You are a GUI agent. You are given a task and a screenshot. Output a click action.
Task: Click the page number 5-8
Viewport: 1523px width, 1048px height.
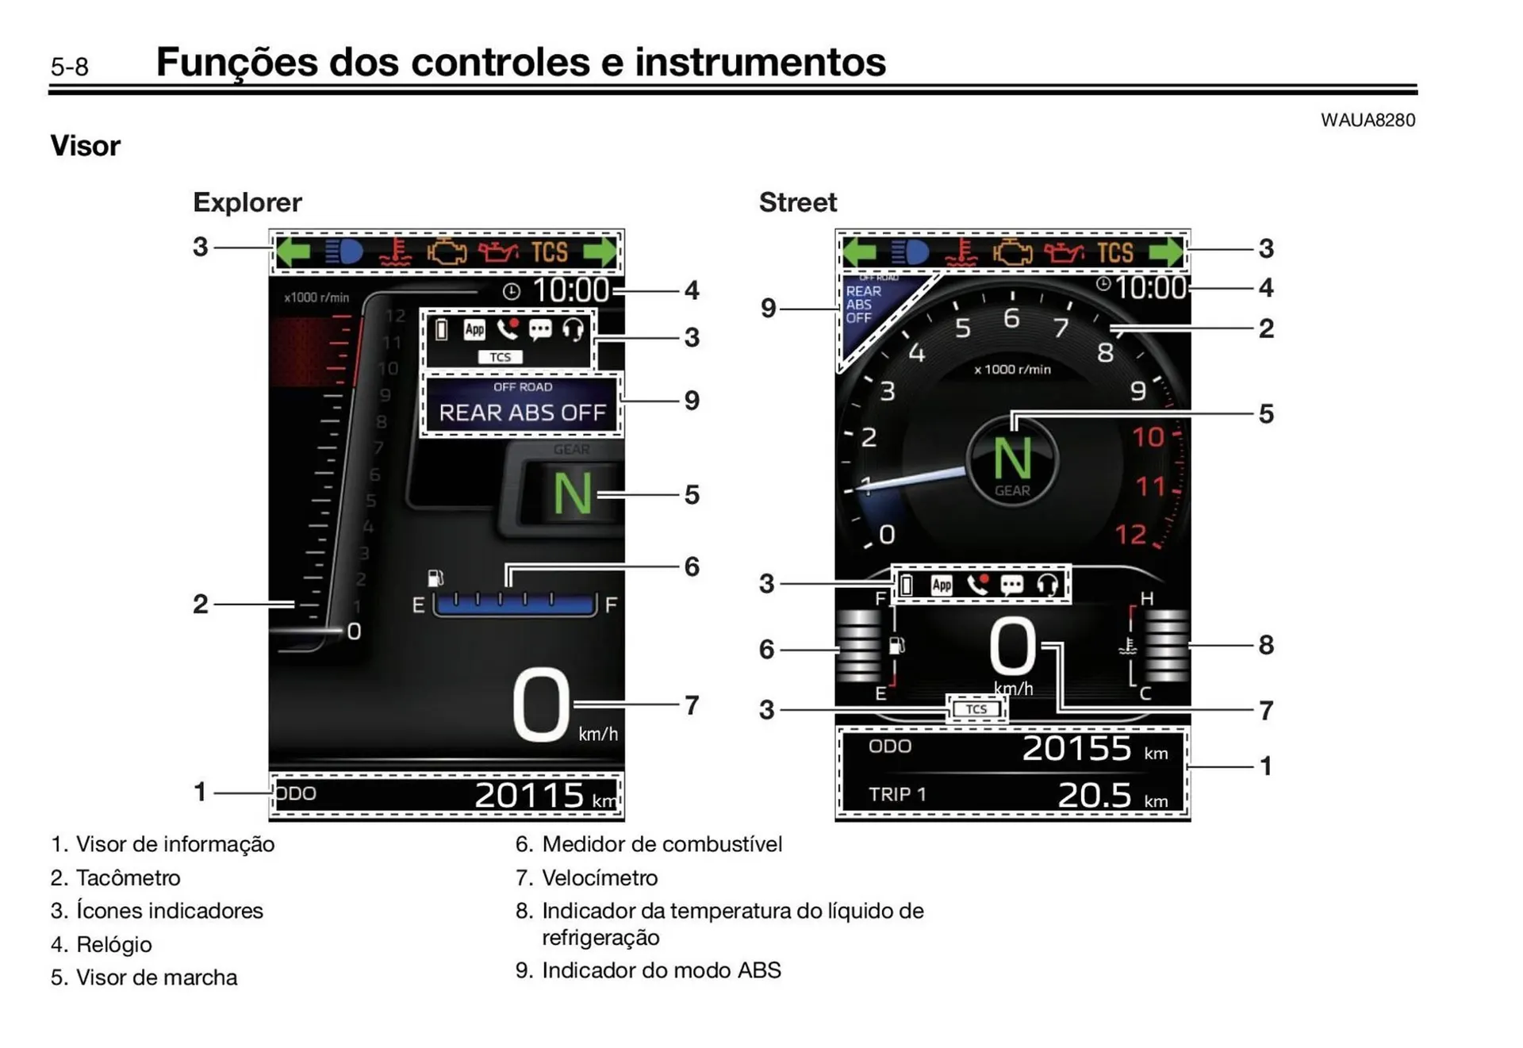(x=70, y=67)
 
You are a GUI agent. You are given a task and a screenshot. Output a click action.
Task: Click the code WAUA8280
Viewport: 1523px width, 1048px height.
(x=1367, y=120)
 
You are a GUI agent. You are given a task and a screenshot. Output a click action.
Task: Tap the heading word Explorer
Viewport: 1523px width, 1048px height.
(x=247, y=202)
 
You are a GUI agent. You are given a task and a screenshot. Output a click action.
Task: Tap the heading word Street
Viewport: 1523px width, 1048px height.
(x=797, y=202)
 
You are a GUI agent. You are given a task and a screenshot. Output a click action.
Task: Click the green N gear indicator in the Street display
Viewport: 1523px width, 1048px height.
(x=1012, y=459)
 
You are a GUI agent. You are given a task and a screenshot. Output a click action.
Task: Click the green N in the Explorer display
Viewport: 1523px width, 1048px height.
(x=572, y=494)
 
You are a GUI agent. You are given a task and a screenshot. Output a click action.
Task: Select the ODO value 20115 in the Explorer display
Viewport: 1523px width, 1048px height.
(x=529, y=795)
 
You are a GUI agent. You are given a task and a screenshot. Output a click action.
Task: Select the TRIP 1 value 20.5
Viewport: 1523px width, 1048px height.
(x=1095, y=795)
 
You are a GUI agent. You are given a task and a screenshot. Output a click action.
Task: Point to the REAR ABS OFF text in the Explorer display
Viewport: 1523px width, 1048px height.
(x=522, y=413)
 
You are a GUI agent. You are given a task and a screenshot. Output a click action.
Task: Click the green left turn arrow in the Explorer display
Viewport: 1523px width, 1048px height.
(x=293, y=252)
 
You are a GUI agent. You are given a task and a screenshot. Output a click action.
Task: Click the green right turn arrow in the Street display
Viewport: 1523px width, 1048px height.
(x=1166, y=252)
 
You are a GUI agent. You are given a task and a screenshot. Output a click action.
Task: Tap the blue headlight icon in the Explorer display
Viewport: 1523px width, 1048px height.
(x=344, y=252)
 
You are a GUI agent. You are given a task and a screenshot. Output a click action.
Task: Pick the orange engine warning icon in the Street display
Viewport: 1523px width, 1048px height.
(x=1013, y=252)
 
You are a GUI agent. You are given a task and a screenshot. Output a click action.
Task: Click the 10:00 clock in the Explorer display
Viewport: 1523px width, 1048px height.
(x=570, y=290)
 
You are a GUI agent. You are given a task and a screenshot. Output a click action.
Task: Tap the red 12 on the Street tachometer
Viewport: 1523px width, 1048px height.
(x=1130, y=535)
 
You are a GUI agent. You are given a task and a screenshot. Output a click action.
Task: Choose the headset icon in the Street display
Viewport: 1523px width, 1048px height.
(x=1047, y=585)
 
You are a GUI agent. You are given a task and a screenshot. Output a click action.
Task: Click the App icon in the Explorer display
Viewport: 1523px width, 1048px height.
(x=474, y=329)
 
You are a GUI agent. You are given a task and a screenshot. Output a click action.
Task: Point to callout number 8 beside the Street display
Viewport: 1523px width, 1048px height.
(x=1266, y=645)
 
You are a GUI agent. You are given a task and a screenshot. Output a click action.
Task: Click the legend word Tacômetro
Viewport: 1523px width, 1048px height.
(x=128, y=877)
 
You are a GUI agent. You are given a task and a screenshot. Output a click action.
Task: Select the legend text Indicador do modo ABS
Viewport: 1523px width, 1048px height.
(x=661, y=970)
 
